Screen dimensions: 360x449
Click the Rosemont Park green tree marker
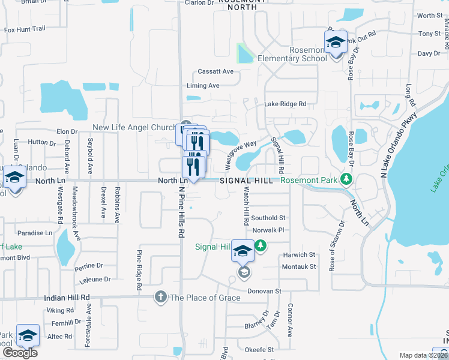pyautogui.click(x=346, y=179)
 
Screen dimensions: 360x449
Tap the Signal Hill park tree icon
pyautogui.click(x=261, y=245)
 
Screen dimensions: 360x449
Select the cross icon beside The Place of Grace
pyautogui.click(x=160, y=296)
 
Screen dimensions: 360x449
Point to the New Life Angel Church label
pyautogui.click(x=133, y=128)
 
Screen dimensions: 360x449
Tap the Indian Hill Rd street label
pyautogui.click(x=67, y=297)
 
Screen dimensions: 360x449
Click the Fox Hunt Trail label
pyautogui.click(x=25, y=29)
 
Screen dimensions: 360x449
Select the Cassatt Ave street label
pyautogui.click(x=215, y=71)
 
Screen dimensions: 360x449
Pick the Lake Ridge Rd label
pyautogui.click(x=285, y=104)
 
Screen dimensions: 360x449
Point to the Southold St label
pyautogui.click(x=268, y=218)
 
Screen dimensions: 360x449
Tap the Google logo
pyautogui.click(x=20, y=353)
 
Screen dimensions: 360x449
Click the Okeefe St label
pyautogui.click(x=259, y=349)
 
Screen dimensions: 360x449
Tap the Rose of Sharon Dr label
pyautogui.click(x=337, y=247)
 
